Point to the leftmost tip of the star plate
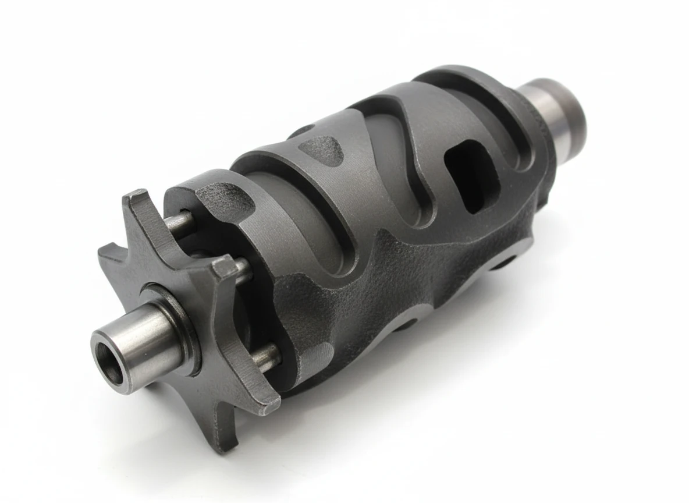tap(107, 254)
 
